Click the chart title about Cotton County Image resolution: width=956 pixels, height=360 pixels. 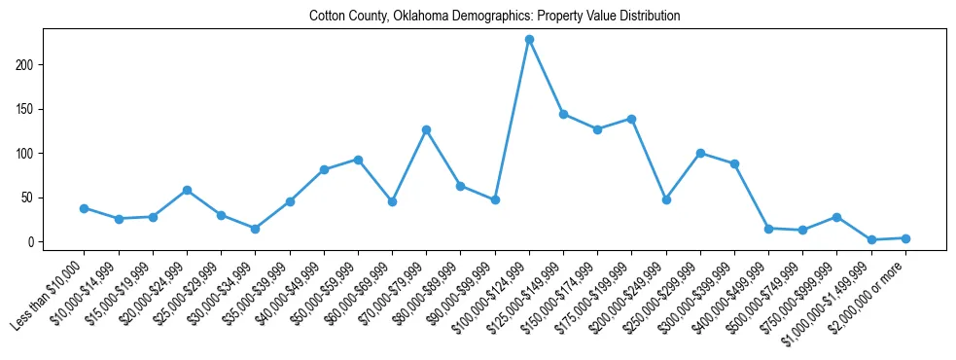point(494,17)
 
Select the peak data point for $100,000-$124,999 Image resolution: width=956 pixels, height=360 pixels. point(529,39)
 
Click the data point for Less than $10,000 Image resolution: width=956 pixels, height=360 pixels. point(85,208)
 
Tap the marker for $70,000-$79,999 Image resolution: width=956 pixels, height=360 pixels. point(426,129)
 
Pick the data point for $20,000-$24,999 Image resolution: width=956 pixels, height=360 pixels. point(187,190)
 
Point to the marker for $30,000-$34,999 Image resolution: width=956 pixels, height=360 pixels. point(255,229)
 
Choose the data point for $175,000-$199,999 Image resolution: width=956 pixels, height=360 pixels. point(631,119)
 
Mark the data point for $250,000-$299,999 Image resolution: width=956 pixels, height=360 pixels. point(700,153)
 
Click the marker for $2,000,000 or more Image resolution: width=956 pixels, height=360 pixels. point(905,238)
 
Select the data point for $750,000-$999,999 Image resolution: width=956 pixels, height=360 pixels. point(836,217)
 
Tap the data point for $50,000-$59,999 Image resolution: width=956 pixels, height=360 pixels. point(358,160)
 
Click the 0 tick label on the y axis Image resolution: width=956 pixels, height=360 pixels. point(33,242)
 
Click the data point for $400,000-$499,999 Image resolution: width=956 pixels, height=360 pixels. point(768,229)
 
